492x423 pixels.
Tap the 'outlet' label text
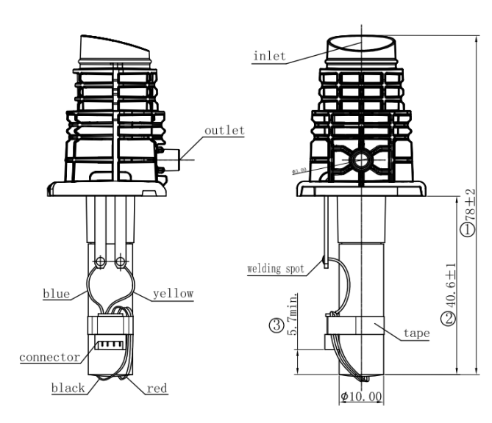click(x=224, y=130)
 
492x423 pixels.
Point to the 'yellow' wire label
click(x=174, y=294)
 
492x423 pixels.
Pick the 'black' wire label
click(x=68, y=387)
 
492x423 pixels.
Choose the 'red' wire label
click(x=157, y=387)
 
